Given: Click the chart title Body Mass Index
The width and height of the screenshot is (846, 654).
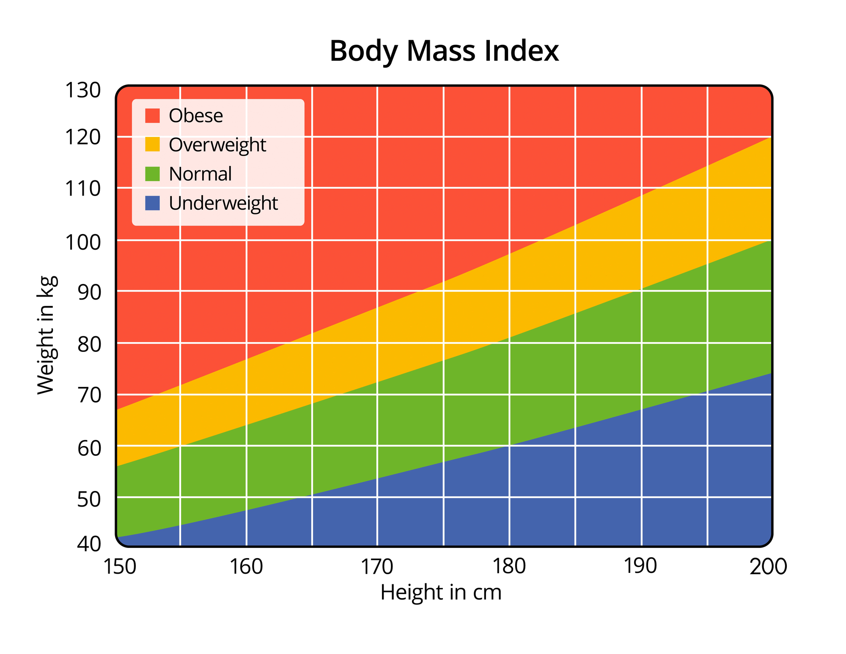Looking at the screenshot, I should tap(444, 51).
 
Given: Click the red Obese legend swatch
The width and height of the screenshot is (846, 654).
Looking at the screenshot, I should tap(152, 116).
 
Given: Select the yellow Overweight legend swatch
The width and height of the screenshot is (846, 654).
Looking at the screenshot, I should tap(152, 144).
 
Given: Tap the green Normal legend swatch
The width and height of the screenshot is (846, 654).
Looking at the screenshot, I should tap(152, 174).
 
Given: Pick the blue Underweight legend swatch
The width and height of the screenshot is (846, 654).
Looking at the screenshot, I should tap(152, 203).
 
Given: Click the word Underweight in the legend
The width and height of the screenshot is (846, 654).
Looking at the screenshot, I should tap(223, 203).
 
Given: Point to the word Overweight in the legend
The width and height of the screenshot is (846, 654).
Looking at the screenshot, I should tap(217, 145).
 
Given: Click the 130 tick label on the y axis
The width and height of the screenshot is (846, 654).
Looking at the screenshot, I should tap(82, 90).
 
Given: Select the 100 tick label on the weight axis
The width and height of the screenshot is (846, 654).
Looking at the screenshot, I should tap(82, 243).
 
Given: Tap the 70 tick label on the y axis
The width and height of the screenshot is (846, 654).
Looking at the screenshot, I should tap(89, 395).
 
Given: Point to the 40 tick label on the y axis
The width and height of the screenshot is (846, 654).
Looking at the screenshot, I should tap(89, 544).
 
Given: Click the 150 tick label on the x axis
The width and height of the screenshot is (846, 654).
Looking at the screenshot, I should tap(120, 567).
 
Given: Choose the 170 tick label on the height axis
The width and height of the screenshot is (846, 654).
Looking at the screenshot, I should tap(377, 567).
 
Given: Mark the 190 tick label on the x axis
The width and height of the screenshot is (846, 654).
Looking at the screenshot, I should tap(640, 567).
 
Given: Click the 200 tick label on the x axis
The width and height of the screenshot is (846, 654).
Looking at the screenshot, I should tap(768, 567).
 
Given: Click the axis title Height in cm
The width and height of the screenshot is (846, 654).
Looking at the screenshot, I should tap(441, 592).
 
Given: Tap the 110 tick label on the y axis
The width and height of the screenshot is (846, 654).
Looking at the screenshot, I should tap(82, 189).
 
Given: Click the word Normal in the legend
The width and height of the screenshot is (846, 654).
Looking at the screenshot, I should tap(200, 174).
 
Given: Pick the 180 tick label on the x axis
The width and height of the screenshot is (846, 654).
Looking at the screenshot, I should tap(509, 567).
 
